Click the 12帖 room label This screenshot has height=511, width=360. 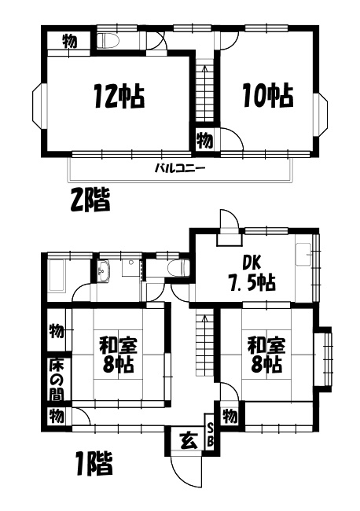tap(119, 96)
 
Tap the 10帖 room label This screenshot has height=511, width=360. tap(268, 96)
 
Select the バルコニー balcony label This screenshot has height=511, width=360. tap(180, 168)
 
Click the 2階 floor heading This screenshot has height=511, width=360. tap(90, 200)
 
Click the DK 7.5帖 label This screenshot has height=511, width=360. tap(252, 273)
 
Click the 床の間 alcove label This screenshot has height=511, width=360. tap(56, 379)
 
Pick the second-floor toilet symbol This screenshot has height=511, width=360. tap(108, 41)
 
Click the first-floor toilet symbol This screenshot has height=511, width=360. tap(178, 267)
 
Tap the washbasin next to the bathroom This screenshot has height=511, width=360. tap(105, 270)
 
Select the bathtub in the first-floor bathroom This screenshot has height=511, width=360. tap(57, 274)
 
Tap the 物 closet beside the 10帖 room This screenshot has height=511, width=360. tap(205, 140)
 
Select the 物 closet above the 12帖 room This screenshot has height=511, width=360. tap(69, 42)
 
